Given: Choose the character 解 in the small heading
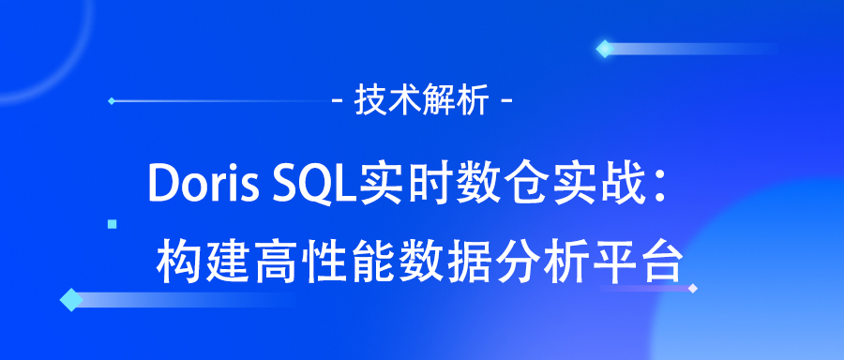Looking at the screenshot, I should pos(442,99).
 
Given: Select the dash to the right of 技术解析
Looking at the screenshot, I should pos(507,99).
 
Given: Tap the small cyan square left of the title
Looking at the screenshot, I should pos(113,224).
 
